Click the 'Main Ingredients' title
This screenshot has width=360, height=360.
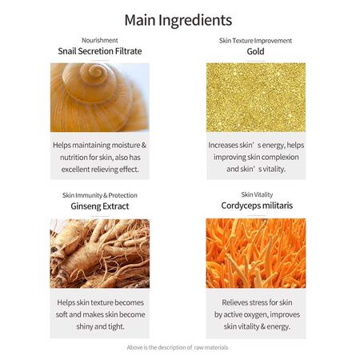pyautogui.click(x=178, y=20)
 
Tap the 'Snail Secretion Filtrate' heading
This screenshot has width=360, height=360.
pyautogui.click(x=100, y=51)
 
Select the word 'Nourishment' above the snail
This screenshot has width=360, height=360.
pyautogui.click(x=100, y=40)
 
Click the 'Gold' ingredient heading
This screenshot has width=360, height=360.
pyautogui.click(x=255, y=51)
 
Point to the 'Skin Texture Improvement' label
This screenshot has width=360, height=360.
pyautogui.click(x=255, y=41)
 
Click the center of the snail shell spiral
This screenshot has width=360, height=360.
pyautogui.click(x=95, y=71)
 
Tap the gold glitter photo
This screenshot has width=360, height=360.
pyautogui.click(x=256, y=98)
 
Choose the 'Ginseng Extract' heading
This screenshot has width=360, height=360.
pyautogui.click(x=100, y=206)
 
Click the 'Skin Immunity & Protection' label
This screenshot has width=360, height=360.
pyautogui.click(x=100, y=195)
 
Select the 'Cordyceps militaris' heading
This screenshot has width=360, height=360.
pyautogui.click(x=257, y=206)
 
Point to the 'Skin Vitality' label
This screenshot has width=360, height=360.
pyautogui.click(x=257, y=194)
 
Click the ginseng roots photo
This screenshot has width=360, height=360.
pyautogui.click(x=100, y=254)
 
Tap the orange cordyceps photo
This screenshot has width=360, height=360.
pyautogui.click(x=256, y=253)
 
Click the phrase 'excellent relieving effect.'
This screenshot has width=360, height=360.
pyautogui.click(x=100, y=170)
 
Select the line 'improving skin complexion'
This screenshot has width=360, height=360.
pyautogui.click(x=256, y=157)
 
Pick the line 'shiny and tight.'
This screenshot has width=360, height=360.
pyautogui.click(x=100, y=326)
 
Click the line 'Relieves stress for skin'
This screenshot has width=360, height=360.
pyautogui.click(x=257, y=302)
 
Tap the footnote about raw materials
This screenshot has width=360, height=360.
pyautogui.click(x=178, y=347)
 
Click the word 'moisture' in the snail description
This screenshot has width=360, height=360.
pyautogui.click(x=126, y=145)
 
